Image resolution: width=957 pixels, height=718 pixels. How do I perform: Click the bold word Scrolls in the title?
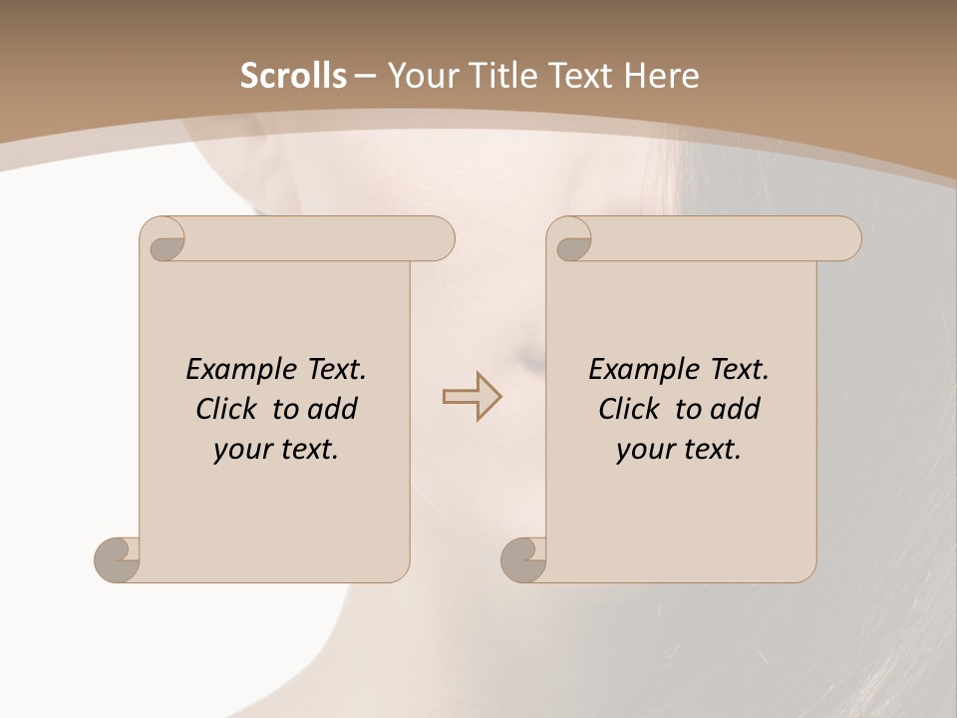pos(293,76)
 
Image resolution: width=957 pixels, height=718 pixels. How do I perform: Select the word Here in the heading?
pos(660,76)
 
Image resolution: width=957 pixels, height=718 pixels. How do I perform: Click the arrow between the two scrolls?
pos(472,396)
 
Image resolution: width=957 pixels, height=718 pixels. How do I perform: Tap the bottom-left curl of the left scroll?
pos(118,559)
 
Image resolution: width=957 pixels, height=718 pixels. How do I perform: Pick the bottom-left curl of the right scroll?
pos(523,559)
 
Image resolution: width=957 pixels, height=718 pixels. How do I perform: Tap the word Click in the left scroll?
pos(227,409)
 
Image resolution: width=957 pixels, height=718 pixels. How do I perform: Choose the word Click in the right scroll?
pos(629,409)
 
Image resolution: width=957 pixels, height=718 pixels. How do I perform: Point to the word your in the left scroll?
pos(240,450)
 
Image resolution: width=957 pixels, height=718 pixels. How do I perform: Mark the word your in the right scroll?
pos(643,450)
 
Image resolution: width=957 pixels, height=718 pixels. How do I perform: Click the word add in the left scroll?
pos(333,409)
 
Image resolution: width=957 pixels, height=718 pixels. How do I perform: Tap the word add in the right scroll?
pos(736,409)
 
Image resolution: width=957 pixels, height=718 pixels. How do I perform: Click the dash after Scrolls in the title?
pos(365,77)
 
